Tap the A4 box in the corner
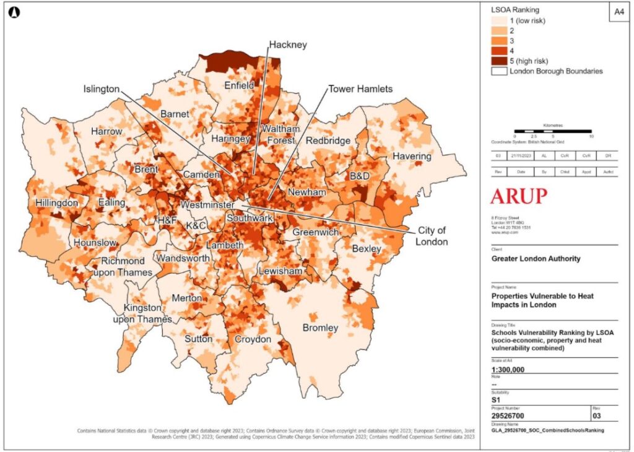point(619,12)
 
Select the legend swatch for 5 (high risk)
point(499,61)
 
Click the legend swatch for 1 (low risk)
point(499,21)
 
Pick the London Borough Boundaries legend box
point(499,71)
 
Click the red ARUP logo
point(519,197)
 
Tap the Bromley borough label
point(320,327)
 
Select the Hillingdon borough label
point(57,202)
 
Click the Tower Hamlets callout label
point(360,89)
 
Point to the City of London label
point(432,236)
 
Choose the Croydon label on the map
point(253,339)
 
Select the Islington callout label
point(102,89)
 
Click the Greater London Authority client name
point(536,259)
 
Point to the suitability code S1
point(496,400)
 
